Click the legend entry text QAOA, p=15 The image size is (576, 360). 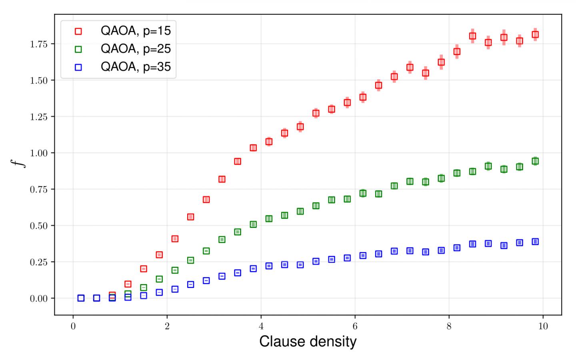[x=136, y=31]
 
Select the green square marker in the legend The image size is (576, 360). [x=78, y=49]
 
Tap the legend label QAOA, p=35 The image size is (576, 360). [x=136, y=66]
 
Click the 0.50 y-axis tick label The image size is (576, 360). [x=39, y=226]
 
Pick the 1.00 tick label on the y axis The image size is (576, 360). [x=39, y=153]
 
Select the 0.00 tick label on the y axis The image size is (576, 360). [x=39, y=298]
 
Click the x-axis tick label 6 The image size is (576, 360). [x=355, y=326]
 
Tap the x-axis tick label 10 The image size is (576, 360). [x=542, y=326]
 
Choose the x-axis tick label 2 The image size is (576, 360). [x=167, y=326]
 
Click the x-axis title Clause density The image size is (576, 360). [x=308, y=342]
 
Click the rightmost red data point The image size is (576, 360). [x=535, y=35]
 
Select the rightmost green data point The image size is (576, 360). [x=535, y=161]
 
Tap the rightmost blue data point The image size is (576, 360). [x=535, y=242]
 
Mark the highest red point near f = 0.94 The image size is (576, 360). [x=238, y=161]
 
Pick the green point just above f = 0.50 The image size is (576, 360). [x=253, y=224]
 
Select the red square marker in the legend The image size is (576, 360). [x=78, y=31]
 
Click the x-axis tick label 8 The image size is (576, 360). [x=449, y=326]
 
